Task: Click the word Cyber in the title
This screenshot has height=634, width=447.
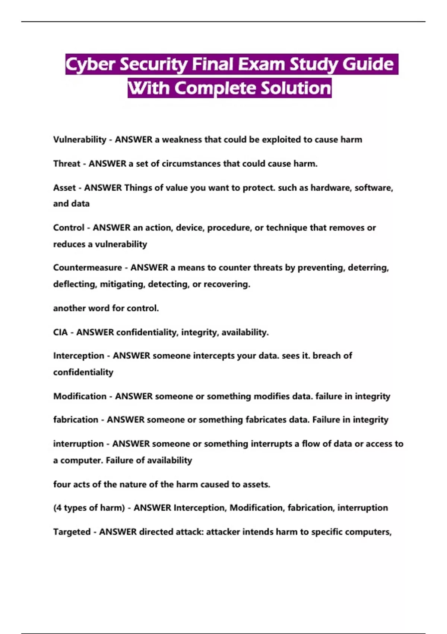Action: click(90, 65)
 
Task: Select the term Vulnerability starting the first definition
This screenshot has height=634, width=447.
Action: click(80, 139)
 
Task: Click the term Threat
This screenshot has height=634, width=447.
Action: click(67, 163)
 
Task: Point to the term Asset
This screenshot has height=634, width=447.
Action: click(64, 188)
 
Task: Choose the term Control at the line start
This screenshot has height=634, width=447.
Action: click(69, 227)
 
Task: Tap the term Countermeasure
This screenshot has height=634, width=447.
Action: click(88, 267)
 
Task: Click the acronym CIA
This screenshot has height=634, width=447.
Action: click(60, 332)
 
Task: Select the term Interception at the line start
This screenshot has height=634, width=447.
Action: click(79, 355)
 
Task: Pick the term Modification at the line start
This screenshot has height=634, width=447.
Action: click(80, 396)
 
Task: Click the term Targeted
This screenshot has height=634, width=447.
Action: click(72, 532)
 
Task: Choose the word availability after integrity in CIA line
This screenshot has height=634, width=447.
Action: click(245, 332)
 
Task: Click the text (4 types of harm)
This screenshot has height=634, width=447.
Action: click(89, 508)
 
